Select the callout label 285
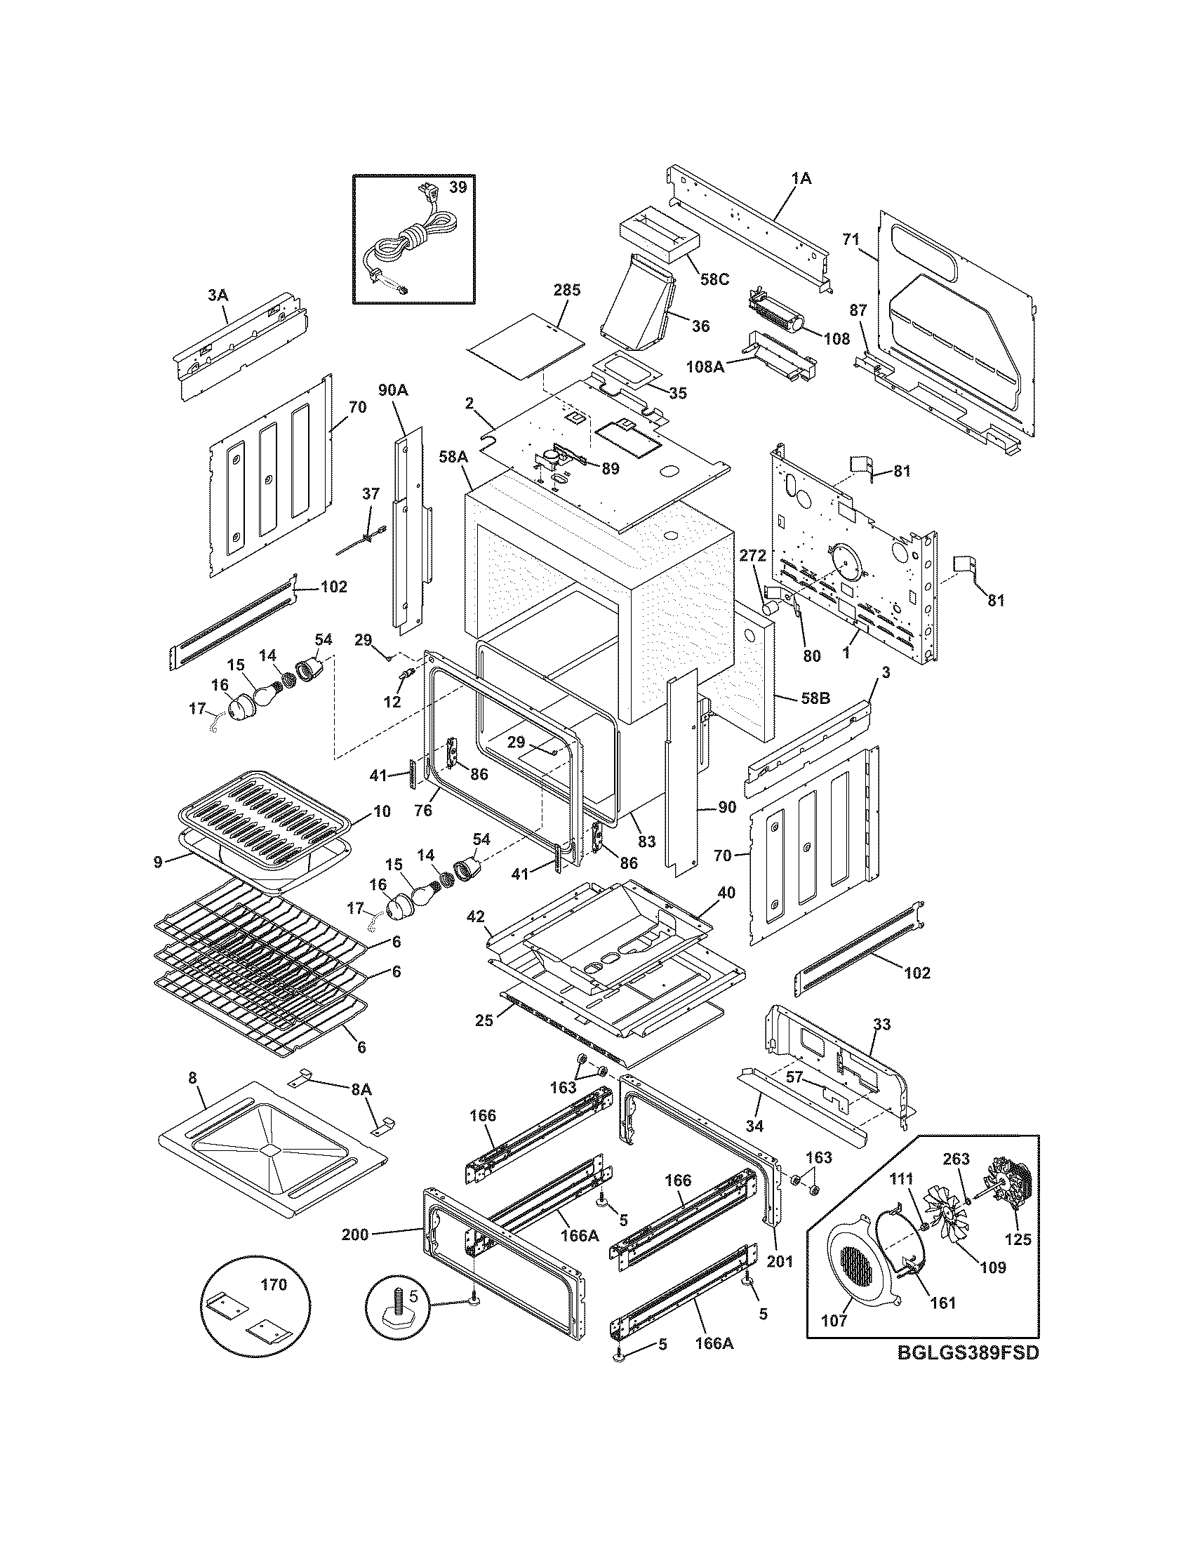click(567, 290)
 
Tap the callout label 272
click(753, 557)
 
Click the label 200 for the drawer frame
click(355, 1235)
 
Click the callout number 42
click(476, 917)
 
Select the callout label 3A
click(218, 295)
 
